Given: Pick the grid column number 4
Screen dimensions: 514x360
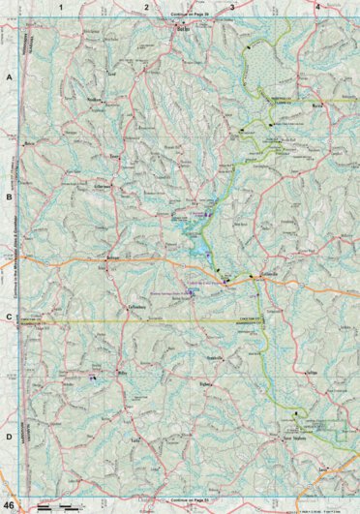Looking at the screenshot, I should (318, 7).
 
